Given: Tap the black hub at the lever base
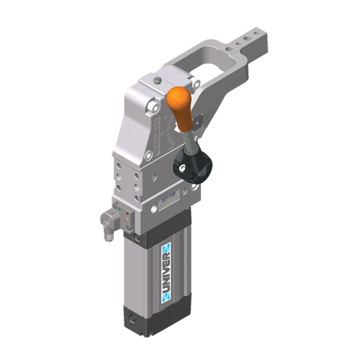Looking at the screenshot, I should pyautogui.click(x=193, y=166).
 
